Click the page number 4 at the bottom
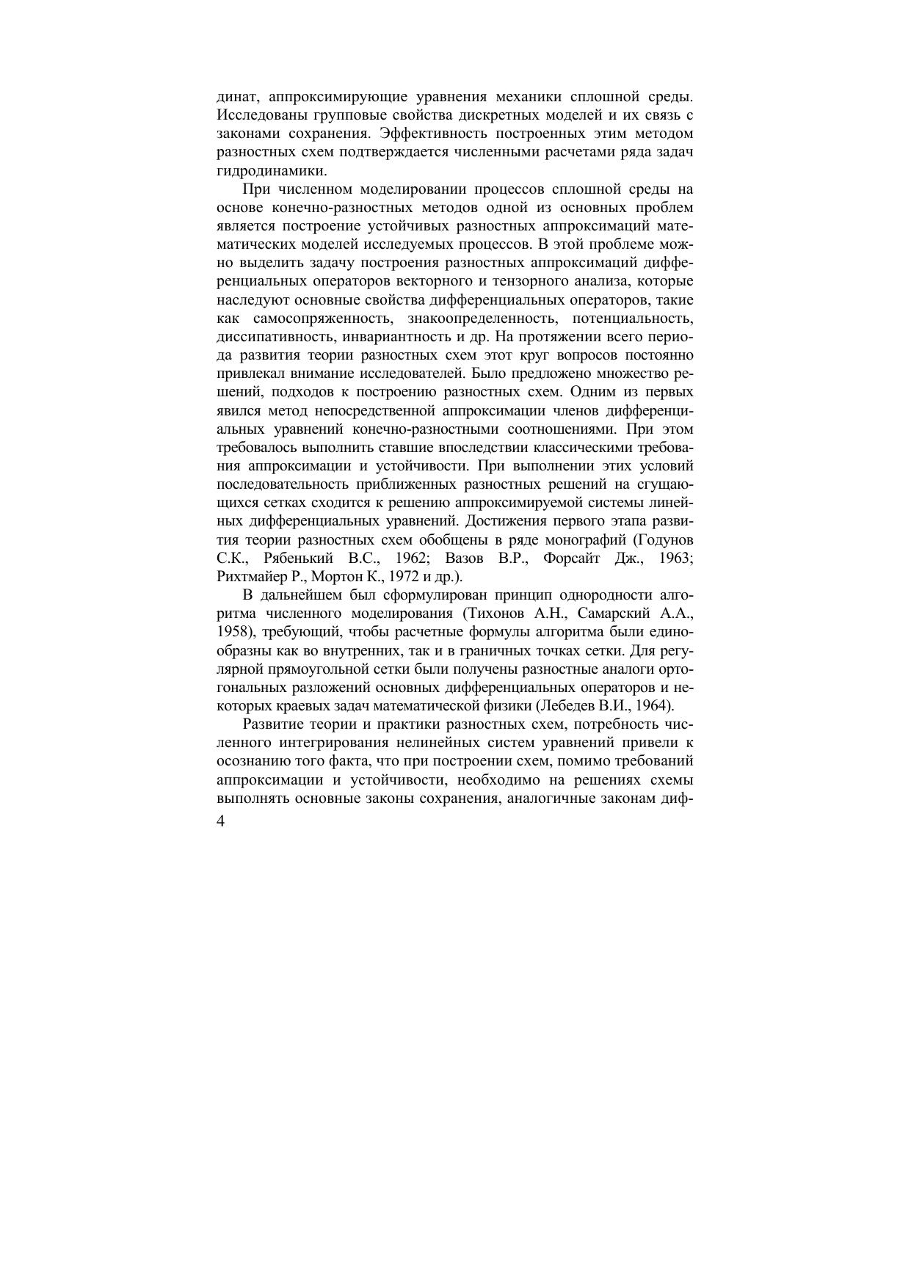click(222, 822)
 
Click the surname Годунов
click(664, 539)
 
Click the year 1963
click(676, 558)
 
